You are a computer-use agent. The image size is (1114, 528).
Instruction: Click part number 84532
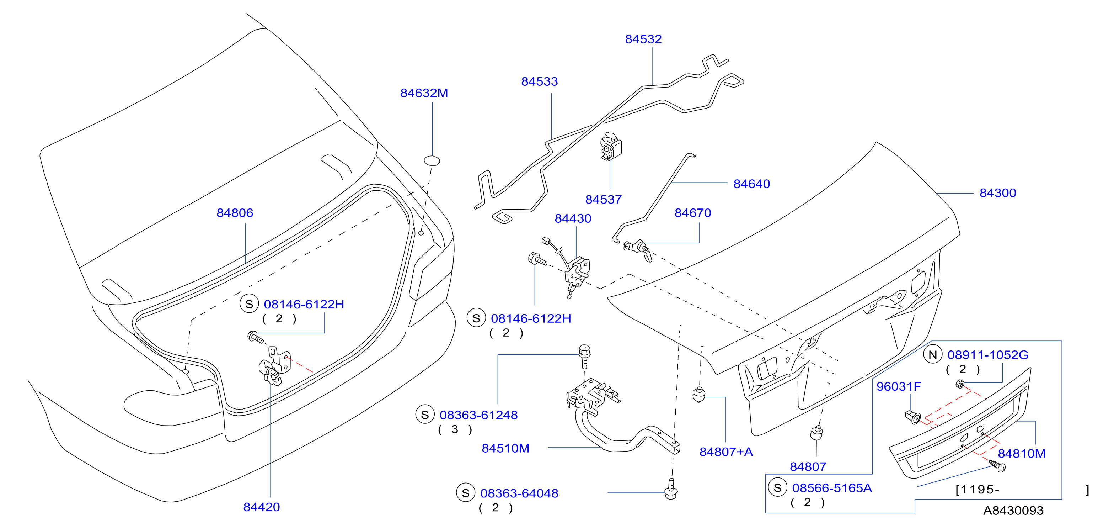pyautogui.click(x=643, y=39)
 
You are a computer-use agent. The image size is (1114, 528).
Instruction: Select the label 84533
pyautogui.click(x=539, y=81)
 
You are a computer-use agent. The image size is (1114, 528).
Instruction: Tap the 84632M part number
pyautogui.click(x=424, y=93)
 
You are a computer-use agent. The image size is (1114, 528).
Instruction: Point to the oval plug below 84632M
pyautogui.click(x=432, y=161)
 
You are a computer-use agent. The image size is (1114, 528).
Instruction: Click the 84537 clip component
pyautogui.click(x=611, y=146)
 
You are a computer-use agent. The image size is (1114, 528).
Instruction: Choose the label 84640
pyautogui.click(x=751, y=184)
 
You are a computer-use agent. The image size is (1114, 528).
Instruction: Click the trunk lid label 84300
pyautogui.click(x=998, y=193)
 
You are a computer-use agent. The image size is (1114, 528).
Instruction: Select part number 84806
pyautogui.click(x=235, y=213)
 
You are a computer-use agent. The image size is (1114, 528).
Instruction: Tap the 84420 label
pyautogui.click(x=262, y=507)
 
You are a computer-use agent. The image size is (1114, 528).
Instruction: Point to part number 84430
pyautogui.click(x=573, y=218)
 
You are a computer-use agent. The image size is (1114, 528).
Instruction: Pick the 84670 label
pyautogui.click(x=693, y=213)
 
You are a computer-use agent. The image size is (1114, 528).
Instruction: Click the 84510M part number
pyautogui.click(x=505, y=448)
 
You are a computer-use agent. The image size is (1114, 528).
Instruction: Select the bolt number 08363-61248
pyautogui.click(x=478, y=415)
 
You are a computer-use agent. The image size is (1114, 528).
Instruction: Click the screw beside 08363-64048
pyautogui.click(x=671, y=489)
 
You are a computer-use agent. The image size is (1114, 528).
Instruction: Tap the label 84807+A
pyautogui.click(x=726, y=452)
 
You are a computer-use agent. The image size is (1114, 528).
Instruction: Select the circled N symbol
pyautogui.click(x=933, y=355)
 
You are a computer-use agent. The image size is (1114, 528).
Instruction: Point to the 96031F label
pyautogui.click(x=899, y=386)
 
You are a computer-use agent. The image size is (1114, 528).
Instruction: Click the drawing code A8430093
pyautogui.click(x=1013, y=511)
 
